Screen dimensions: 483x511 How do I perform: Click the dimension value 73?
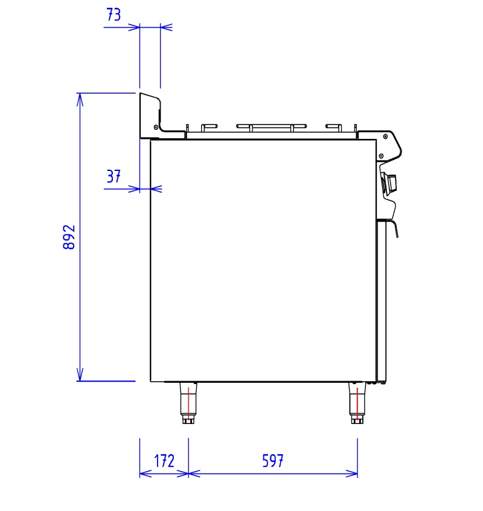[114, 14]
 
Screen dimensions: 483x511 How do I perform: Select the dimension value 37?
[114, 176]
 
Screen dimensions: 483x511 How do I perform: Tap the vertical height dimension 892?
[69, 237]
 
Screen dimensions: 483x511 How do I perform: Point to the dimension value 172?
[164, 461]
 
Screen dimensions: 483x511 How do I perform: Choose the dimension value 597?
[273, 461]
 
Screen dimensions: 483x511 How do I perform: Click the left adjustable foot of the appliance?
[188, 403]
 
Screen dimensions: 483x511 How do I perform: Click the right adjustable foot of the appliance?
[357, 403]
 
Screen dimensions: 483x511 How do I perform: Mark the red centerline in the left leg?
[188, 403]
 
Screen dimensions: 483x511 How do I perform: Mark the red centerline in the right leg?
[357, 403]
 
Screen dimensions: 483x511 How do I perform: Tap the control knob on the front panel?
[390, 184]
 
